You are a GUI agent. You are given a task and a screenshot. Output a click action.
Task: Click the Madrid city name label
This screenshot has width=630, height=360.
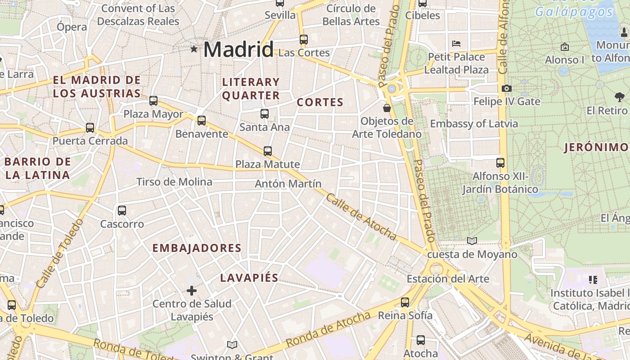point(238,49)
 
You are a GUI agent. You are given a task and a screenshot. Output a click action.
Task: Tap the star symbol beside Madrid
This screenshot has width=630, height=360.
point(194,49)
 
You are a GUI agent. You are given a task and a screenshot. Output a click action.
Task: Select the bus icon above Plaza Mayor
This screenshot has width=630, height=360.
point(153,101)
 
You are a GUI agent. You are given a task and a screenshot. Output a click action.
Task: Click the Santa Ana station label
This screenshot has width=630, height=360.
point(265,127)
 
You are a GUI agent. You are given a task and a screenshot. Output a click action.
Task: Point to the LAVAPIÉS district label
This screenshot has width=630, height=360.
point(249,278)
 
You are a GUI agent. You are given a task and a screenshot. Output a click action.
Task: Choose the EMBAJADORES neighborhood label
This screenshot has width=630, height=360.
point(197,248)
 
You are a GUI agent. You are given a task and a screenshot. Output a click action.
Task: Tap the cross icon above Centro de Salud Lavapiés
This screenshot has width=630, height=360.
point(192,291)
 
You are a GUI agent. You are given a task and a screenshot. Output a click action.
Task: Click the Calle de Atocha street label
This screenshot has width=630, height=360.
point(361,217)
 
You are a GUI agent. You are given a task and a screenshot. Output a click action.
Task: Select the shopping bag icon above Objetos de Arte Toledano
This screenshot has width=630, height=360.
point(387,108)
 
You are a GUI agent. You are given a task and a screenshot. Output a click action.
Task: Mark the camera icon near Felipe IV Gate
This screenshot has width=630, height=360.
point(507,88)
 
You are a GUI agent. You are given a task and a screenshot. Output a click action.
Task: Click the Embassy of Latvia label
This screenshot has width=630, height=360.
point(474,124)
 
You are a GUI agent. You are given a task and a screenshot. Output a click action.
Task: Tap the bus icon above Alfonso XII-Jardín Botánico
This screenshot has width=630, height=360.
point(500,163)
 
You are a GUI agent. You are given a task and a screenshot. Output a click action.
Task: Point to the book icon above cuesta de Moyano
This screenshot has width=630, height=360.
point(472,241)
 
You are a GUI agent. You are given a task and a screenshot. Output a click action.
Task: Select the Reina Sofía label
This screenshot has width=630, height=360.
point(405,315)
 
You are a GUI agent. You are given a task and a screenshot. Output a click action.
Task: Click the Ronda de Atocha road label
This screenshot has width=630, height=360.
point(328,329)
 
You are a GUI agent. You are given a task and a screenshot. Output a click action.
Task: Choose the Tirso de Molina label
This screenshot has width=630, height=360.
point(174,182)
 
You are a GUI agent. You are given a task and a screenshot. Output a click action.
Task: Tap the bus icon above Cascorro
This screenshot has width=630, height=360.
point(121,211)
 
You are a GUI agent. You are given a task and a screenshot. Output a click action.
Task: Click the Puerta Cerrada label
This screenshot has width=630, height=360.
point(90,141)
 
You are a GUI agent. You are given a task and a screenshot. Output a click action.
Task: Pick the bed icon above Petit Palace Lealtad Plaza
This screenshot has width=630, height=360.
point(456,44)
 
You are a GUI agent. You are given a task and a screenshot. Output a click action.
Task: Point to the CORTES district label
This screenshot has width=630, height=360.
point(320,103)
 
